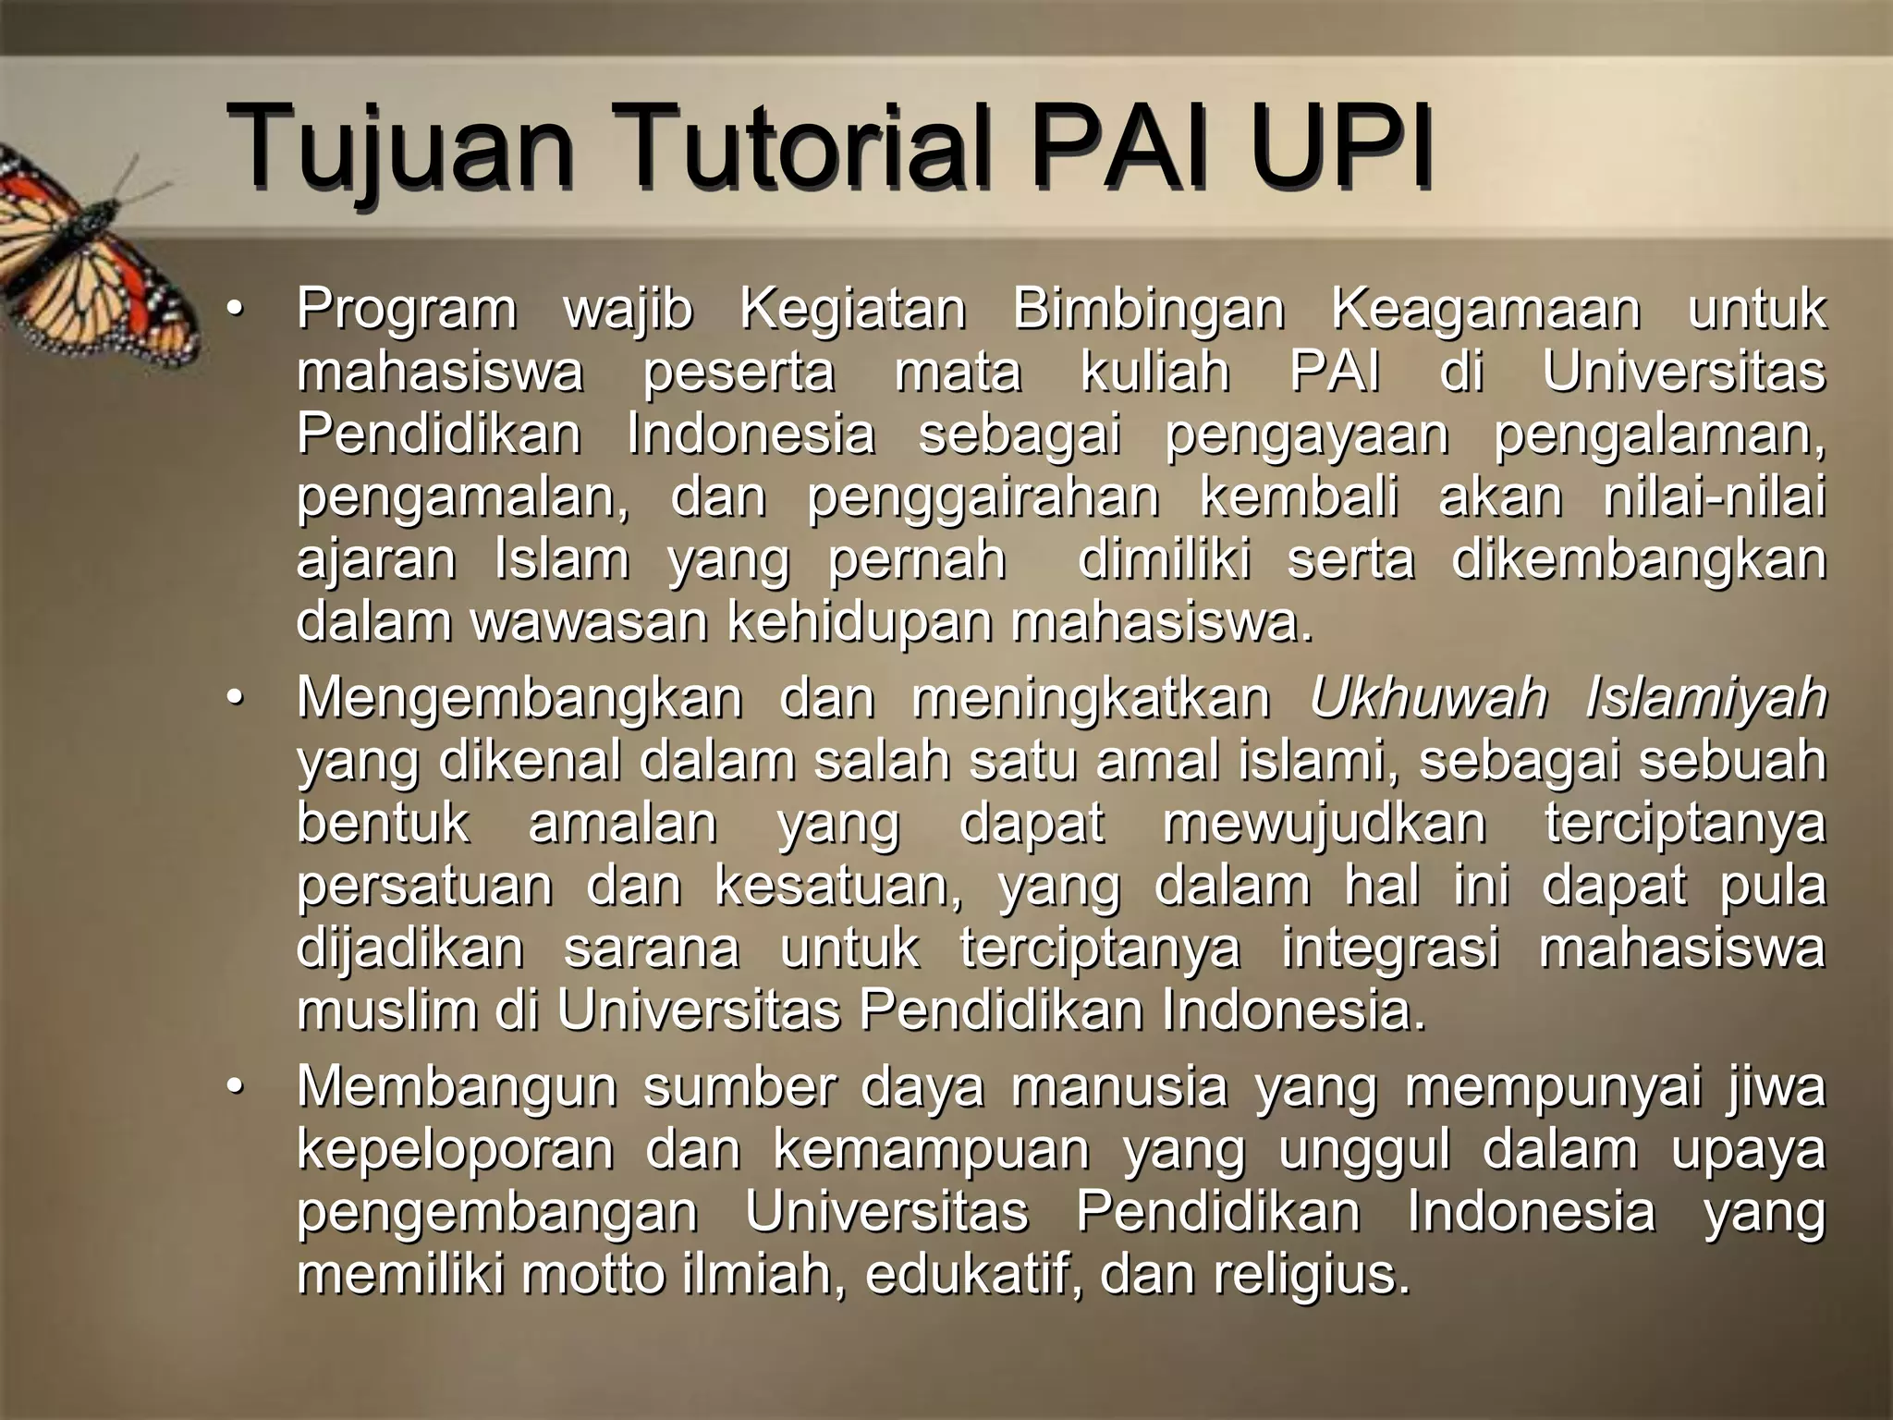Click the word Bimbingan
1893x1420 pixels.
(x=1149, y=311)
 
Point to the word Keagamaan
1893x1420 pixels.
(x=1485, y=311)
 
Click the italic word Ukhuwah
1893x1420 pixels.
(x=1428, y=698)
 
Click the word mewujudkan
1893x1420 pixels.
(x=1324, y=824)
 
